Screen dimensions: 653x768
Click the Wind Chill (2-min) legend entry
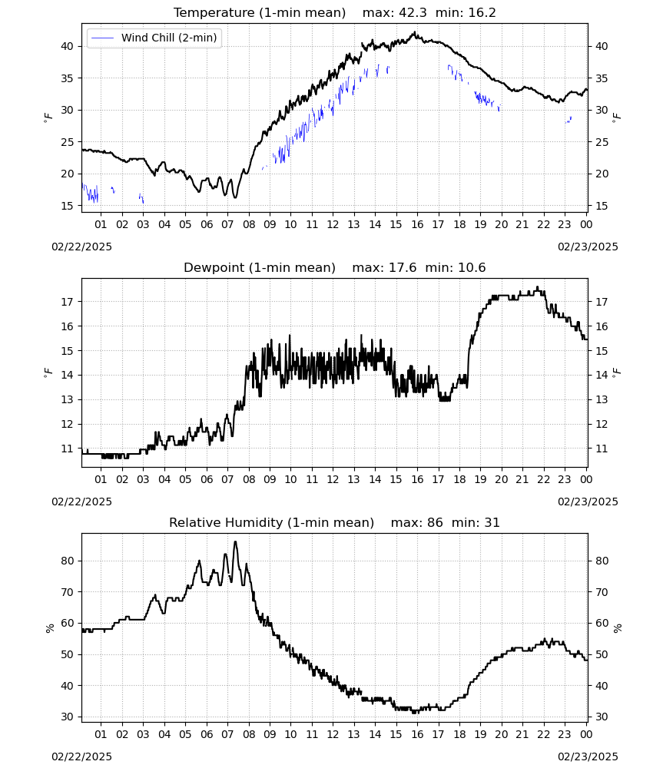pyautogui.click(x=154, y=38)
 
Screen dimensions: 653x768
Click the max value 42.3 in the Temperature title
pyautogui.click(x=413, y=13)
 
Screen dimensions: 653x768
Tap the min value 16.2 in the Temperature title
pyautogui.click(x=482, y=13)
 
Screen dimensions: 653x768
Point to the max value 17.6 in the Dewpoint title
pyautogui.click(x=403, y=268)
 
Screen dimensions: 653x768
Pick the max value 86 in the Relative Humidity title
pyautogui.click(x=435, y=522)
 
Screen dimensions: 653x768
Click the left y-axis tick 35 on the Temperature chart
pyautogui.click(x=67, y=78)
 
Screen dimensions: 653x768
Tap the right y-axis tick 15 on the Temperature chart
pyautogui.click(x=602, y=206)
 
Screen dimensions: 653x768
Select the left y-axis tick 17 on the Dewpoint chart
pyautogui.click(x=67, y=302)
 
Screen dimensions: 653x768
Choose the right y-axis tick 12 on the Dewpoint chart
pyautogui.click(x=602, y=424)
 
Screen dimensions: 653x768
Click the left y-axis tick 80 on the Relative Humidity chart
pyautogui.click(x=67, y=561)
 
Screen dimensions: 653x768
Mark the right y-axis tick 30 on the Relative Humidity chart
pyautogui.click(x=602, y=717)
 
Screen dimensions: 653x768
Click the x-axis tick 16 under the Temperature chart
pyautogui.click(x=417, y=224)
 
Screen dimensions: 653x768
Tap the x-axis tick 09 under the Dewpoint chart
pyautogui.click(x=270, y=479)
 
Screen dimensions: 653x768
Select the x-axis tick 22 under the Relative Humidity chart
pyautogui.click(x=544, y=734)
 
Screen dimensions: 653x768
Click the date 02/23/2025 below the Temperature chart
pyautogui.click(x=588, y=247)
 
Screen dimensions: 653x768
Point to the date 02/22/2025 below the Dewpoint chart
pyautogui.click(x=81, y=502)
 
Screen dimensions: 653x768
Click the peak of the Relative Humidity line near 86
pyautogui.click(x=235, y=541)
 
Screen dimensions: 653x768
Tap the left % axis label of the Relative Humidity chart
pyautogui.click(x=49, y=628)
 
